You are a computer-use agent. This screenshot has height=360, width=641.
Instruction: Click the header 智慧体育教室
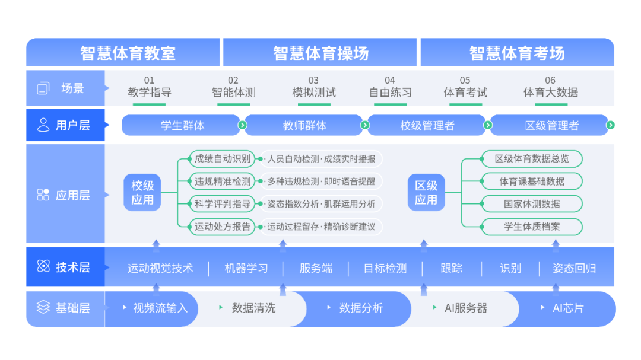[128, 53]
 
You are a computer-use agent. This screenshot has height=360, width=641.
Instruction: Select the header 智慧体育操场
[320, 53]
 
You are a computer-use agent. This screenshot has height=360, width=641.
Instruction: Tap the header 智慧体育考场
[516, 53]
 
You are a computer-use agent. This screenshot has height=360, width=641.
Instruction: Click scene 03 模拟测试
[313, 92]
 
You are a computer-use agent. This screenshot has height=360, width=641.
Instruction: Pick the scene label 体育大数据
[550, 92]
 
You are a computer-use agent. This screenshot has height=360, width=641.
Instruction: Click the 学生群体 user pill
[182, 125]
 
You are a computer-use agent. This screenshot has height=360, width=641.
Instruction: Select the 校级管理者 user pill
[427, 125]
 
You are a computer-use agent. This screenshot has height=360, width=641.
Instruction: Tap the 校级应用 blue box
[142, 193]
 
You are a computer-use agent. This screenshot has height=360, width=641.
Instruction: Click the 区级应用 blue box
[426, 193]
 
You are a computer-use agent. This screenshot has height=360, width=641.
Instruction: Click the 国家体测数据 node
[531, 203]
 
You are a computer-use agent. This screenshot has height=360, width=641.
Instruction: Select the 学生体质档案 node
[531, 226]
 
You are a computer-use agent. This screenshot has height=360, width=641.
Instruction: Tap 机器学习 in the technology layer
[246, 268]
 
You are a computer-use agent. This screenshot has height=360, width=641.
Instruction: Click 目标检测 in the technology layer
[385, 268]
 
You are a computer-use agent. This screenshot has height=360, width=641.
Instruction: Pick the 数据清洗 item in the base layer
[253, 308]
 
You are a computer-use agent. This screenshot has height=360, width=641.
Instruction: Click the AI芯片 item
[568, 308]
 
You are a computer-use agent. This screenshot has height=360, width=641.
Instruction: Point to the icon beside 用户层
[43, 125]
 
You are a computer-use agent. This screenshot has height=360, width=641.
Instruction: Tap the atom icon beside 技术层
[43, 267]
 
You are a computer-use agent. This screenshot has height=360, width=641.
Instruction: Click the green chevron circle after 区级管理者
[610, 125]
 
